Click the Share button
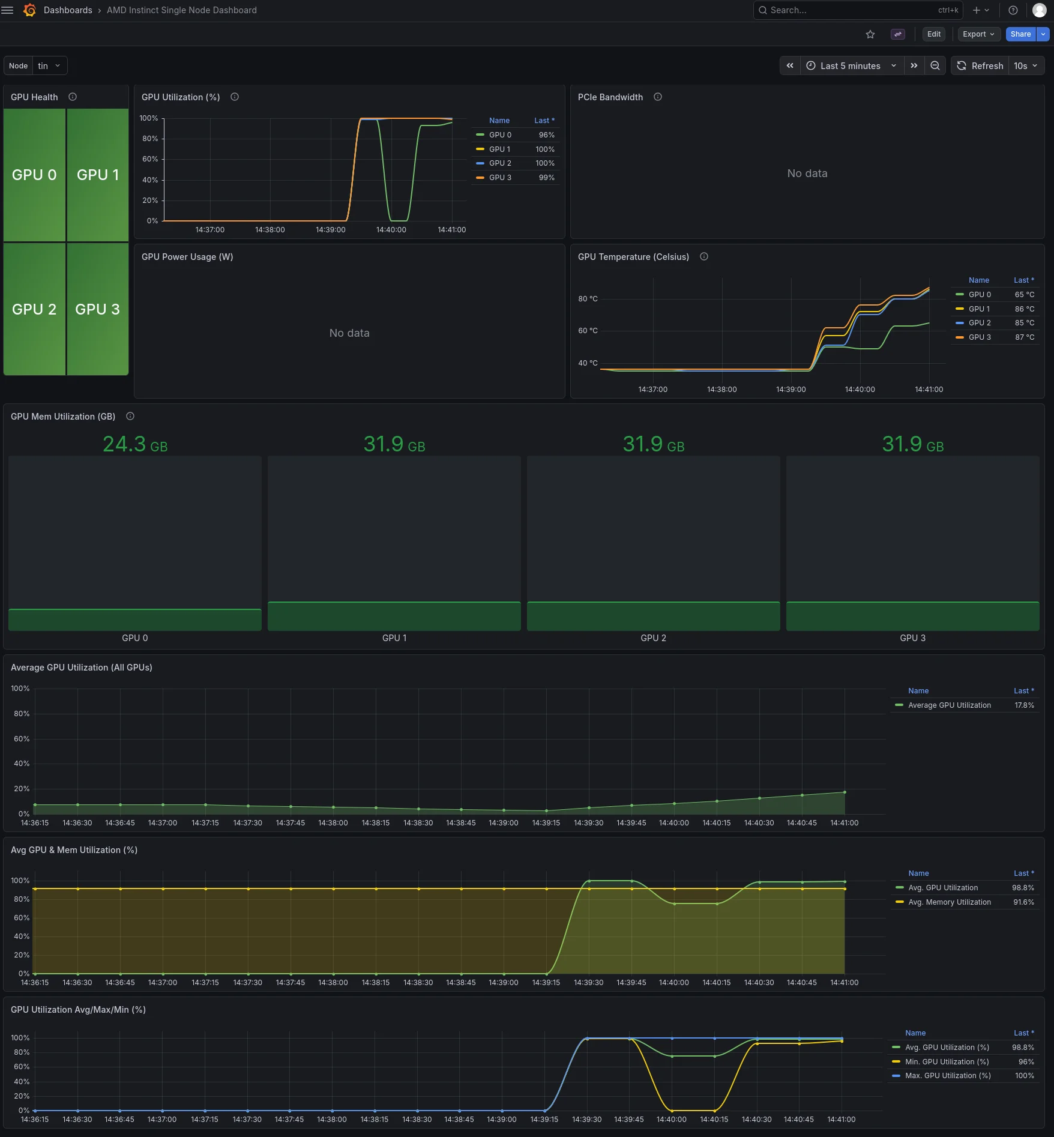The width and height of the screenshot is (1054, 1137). point(1020,34)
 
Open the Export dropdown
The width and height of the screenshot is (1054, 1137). point(978,34)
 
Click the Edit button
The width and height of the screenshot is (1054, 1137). point(933,34)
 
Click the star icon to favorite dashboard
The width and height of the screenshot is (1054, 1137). point(870,34)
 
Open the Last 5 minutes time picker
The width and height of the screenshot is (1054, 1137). point(851,66)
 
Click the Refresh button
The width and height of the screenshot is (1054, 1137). point(980,66)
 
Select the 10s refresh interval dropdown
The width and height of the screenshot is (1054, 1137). point(1026,66)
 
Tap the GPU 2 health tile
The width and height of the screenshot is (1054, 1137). point(34,309)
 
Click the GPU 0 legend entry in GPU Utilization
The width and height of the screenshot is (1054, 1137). point(500,135)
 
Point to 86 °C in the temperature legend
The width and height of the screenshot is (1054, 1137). point(1025,309)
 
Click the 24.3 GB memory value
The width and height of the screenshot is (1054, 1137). point(135,445)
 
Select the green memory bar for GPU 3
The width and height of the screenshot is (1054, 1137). point(912,616)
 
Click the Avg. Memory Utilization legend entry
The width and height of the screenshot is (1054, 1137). point(949,902)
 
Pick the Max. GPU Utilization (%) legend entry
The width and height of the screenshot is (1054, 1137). point(948,1076)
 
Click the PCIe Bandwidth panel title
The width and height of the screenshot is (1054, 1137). point(610,97)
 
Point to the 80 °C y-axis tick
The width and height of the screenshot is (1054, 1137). point(588,299)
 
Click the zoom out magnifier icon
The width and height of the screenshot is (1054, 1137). point(935,66)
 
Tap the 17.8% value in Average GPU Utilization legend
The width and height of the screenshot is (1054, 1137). point(1024,705)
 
